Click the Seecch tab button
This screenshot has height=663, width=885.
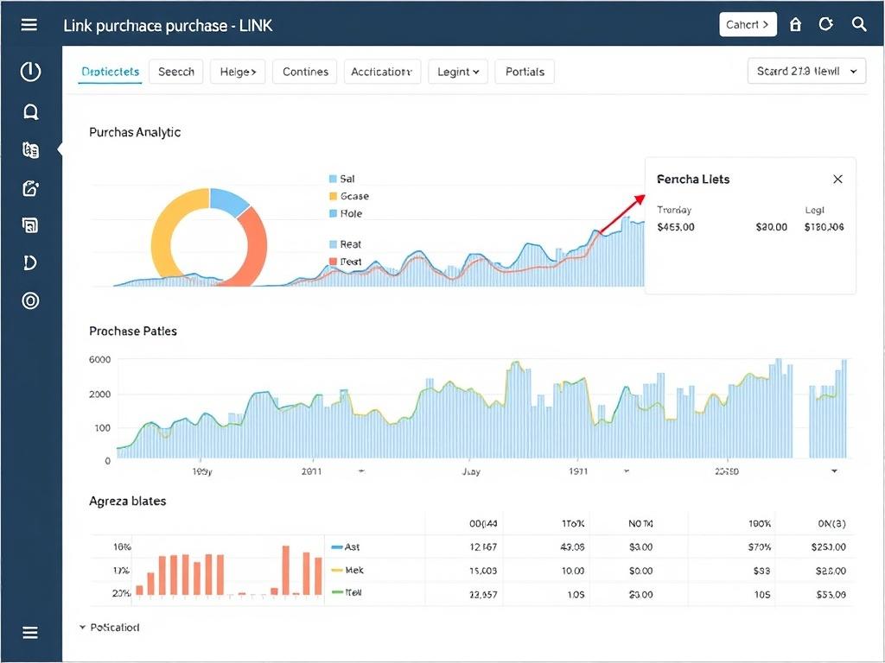pyautogui.click(x=176, y=72)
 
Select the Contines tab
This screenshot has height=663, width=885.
pyautogui.click(x=305, y=72)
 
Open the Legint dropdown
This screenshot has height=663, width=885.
pyautogui.click(x=457, y=72)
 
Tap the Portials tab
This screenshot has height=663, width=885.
pyautogui.click(x=525, y=72)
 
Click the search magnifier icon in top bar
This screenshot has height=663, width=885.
pyautogui.click(x=859, y=24)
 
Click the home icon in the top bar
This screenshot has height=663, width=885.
pyautogui.click(x=796, y=24)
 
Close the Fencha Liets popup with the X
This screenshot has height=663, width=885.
pyautogui.click(x=837, y=179)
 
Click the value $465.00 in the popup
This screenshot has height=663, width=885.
pyautogui.click(x=675, y=227)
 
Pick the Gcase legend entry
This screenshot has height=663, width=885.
pyautogui.click(x=353, y=196)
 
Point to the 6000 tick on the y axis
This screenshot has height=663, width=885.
pyautogui.click(x=100, y=360)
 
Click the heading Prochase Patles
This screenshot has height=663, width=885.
pyautogui.click(x=133, y=331)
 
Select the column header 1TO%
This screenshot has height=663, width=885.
pyautogui.click(x=572, y=523)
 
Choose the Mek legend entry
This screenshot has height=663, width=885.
pyautogui.click(x=353, y=571)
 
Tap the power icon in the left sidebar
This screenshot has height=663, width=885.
pyautogui.click(x=30, y=72)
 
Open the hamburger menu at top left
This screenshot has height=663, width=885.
pyautogui.click(x=29, y=24)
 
